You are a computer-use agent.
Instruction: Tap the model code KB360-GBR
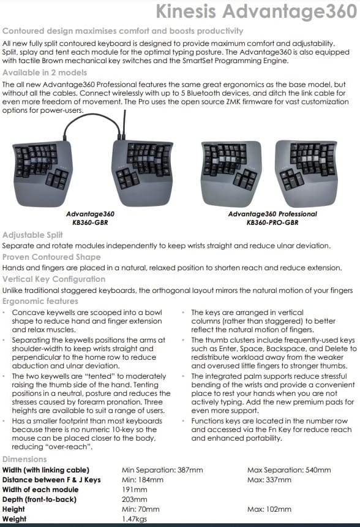pyautogui.click(x=90, y=223)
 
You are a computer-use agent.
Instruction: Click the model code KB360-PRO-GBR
pyautogui.click(x=272, y=223)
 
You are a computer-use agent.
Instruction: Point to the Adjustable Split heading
pyautogui.click(x=33, y=235)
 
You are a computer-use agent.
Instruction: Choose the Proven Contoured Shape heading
pyautogui.click(x=51, y=257)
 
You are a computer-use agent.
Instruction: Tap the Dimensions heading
pyautogui.click(x=24, y=459)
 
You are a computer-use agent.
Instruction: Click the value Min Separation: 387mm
pyautogui.click(x=162, y=470)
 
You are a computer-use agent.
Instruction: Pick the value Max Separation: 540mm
pyautogui.click(x=289, y=470)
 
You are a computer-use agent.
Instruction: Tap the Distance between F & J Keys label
pyautogui.click(x=51, y=480)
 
